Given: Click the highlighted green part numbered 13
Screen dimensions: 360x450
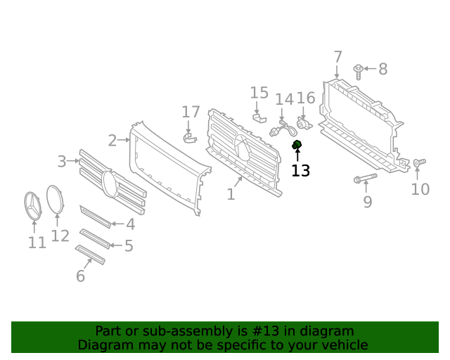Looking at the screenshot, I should [x=297, y=146].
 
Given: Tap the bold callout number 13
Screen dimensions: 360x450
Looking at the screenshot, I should [x=300, y=170].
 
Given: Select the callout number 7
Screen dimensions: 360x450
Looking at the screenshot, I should [x=337, y=57].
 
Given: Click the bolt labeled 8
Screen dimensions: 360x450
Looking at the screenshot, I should [x=359, y=70].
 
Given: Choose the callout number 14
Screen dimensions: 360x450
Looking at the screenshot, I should [x=284, y=99].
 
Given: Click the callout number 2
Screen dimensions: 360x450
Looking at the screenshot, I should [x=112, y=141].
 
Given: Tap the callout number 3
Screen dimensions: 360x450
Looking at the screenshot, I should [x=62, y=162].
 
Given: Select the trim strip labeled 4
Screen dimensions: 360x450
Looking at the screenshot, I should [x=95, y=217].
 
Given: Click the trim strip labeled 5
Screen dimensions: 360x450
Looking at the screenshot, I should [x=94, y=238].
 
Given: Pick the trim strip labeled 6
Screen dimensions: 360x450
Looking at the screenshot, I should [x=90, y=255].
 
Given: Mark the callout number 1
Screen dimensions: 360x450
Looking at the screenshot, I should [x=231, y=194].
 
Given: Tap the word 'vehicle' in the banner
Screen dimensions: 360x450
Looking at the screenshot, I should [x=344, y=345].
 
